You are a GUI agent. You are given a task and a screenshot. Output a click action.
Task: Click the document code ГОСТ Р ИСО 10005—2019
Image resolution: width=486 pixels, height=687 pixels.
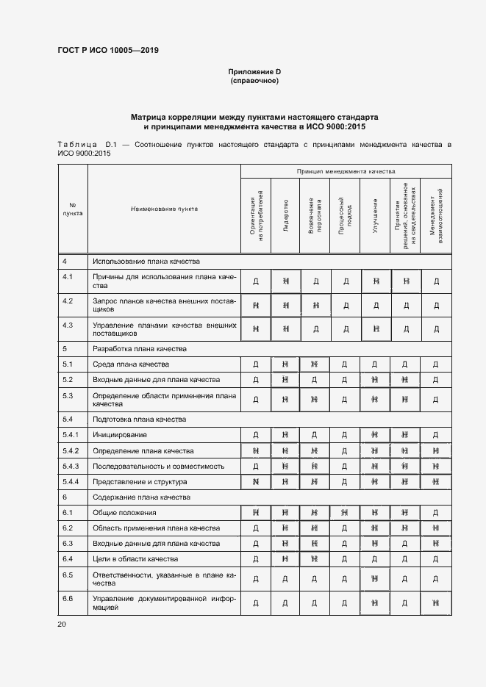[107, 50]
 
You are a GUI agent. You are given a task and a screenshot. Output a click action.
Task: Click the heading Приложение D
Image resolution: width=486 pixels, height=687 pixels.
[254, 71]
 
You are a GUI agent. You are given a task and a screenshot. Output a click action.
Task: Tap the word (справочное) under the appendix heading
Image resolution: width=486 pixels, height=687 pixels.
[254, 80]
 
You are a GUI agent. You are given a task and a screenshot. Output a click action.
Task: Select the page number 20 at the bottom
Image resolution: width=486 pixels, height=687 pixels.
[62, 625]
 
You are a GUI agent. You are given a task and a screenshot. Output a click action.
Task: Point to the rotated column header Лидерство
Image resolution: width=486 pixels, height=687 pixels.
[286, 217]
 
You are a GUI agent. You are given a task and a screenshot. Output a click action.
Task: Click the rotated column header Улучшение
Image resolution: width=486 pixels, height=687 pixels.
[375, 217]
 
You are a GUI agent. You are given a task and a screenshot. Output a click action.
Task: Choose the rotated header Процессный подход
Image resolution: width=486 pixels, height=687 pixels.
[346, 217]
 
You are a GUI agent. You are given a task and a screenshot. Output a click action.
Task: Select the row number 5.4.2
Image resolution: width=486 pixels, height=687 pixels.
[71, 450]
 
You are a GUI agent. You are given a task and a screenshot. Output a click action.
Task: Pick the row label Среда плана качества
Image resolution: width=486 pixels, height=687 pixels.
[131, 364]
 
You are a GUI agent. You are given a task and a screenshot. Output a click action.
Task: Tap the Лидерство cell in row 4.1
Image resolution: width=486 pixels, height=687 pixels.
[286, 281]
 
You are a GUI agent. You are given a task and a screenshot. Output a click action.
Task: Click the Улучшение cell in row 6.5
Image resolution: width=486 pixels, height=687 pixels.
[375, 579]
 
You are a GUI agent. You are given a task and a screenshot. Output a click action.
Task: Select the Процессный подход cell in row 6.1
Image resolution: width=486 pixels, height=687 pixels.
[346, 512]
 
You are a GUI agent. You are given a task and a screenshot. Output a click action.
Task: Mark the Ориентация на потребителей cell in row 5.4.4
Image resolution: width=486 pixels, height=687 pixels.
[256, 481]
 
